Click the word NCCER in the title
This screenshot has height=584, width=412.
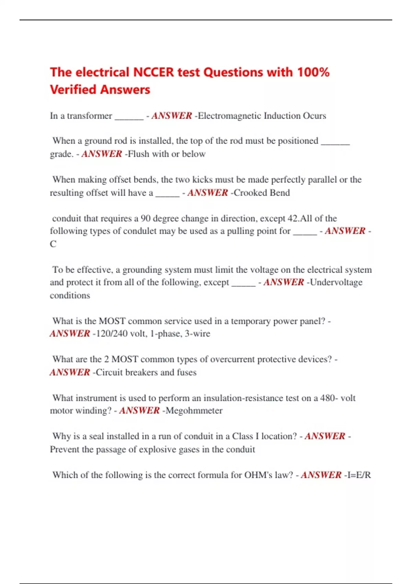(153, 72)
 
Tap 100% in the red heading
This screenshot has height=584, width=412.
(313, 72)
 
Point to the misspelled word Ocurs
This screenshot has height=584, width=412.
(314, 116)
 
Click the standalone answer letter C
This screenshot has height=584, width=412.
(53, 244)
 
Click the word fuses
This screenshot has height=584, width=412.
(186, 372)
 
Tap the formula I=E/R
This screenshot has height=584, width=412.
(359, 475)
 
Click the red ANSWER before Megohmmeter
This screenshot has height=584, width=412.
(139, 411)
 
